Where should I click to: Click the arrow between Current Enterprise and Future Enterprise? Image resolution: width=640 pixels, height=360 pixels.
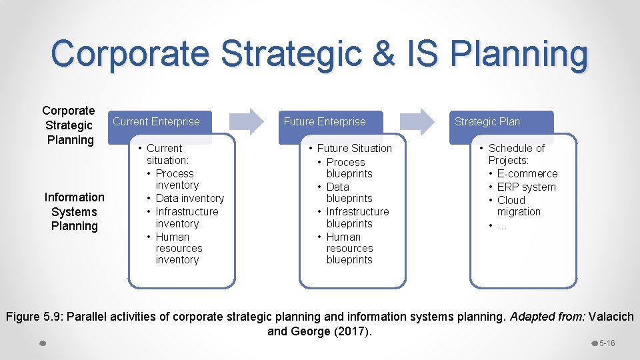247,121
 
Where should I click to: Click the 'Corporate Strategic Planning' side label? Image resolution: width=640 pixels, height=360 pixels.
69,125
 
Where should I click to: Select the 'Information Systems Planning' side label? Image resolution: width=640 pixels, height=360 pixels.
74,211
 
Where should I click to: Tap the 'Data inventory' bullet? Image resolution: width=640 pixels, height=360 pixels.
189,198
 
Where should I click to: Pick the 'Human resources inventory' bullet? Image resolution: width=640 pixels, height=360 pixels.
178,248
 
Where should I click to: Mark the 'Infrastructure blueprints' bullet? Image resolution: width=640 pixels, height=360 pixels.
357,217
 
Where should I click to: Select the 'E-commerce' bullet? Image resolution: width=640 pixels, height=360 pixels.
527,173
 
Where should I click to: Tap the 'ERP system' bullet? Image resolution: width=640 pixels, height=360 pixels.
526,187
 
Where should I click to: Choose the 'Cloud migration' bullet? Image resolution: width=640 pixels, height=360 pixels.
517,206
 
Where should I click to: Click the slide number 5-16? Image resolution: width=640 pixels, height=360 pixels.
607,343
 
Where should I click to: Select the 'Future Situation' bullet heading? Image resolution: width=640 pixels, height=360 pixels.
354,148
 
